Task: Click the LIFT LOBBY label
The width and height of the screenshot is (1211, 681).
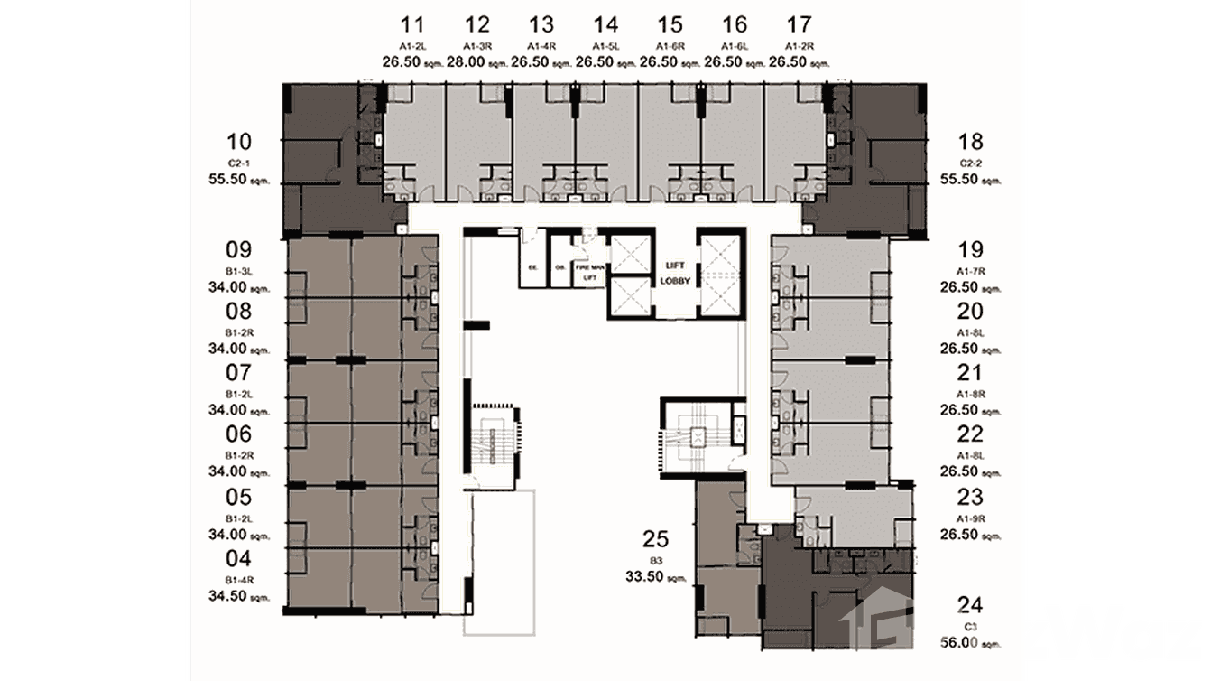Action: [674, 274]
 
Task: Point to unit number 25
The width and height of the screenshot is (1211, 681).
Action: [655, 540]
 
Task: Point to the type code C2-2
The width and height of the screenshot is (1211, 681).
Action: [971, 163]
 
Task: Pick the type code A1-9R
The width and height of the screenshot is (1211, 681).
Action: [971, 518]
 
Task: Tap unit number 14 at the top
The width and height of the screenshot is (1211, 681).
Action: [605, 24]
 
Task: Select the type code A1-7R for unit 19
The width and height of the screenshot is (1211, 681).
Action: [971, 272]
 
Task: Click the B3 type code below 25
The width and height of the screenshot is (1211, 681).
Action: [655, 560]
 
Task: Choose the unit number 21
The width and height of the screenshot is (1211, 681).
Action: [971, 373]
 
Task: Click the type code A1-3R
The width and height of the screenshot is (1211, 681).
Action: [476, 45]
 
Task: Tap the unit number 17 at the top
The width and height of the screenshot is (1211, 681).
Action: [799, 24]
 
